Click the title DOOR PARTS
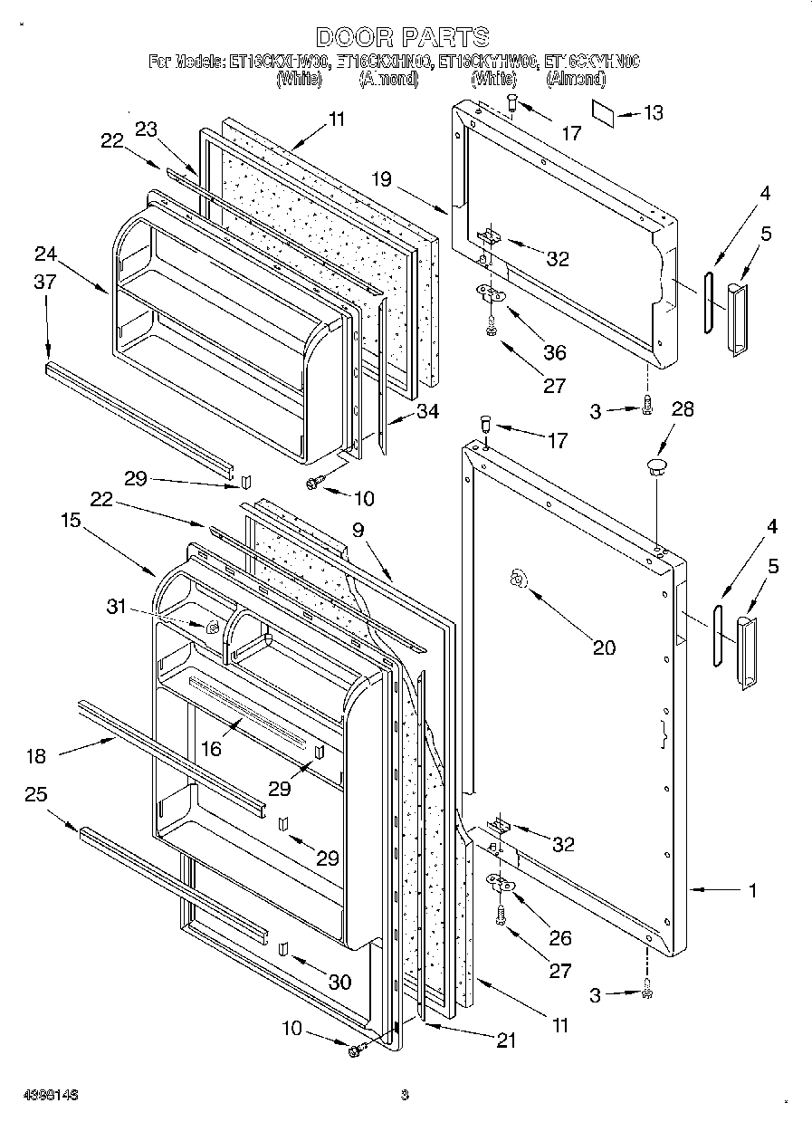(403, 37)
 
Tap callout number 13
(653, 112)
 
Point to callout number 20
(604, 647)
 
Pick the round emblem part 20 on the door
(519, 579)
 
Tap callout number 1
(752, 890)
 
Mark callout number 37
(45, 283)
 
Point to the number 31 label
(118, 607)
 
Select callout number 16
(211, 748)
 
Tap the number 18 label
(37, 756)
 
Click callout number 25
(36, 794)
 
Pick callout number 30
(339, 983)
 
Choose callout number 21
(505, 1041)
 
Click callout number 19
(381, 178)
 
